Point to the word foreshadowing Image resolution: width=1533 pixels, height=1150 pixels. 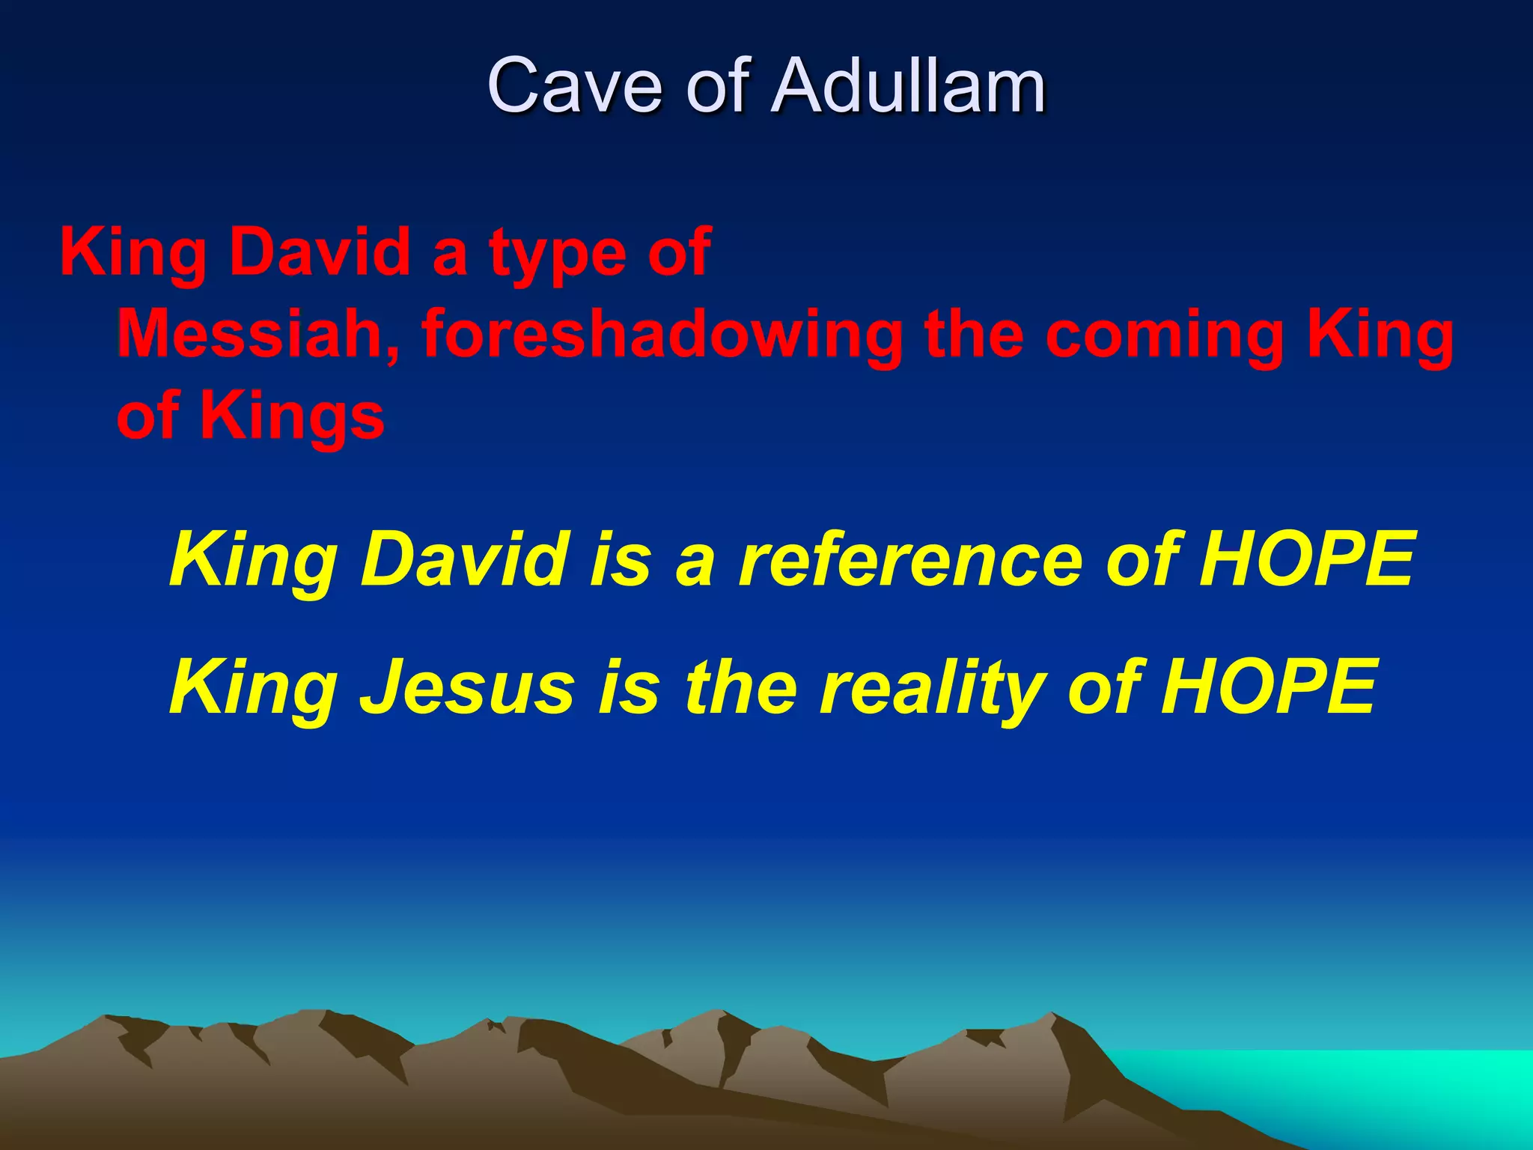point(662,335)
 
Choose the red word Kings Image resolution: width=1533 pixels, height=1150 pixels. point(291,417)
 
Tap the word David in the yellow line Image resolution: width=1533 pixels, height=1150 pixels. point(463,559)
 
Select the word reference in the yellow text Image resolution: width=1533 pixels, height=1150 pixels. point(909,559)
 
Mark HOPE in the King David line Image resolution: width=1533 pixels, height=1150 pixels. point(1306,559)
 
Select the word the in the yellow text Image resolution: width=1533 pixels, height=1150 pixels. point(740,687)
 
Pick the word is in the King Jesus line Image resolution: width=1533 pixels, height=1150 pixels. point(629,687)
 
